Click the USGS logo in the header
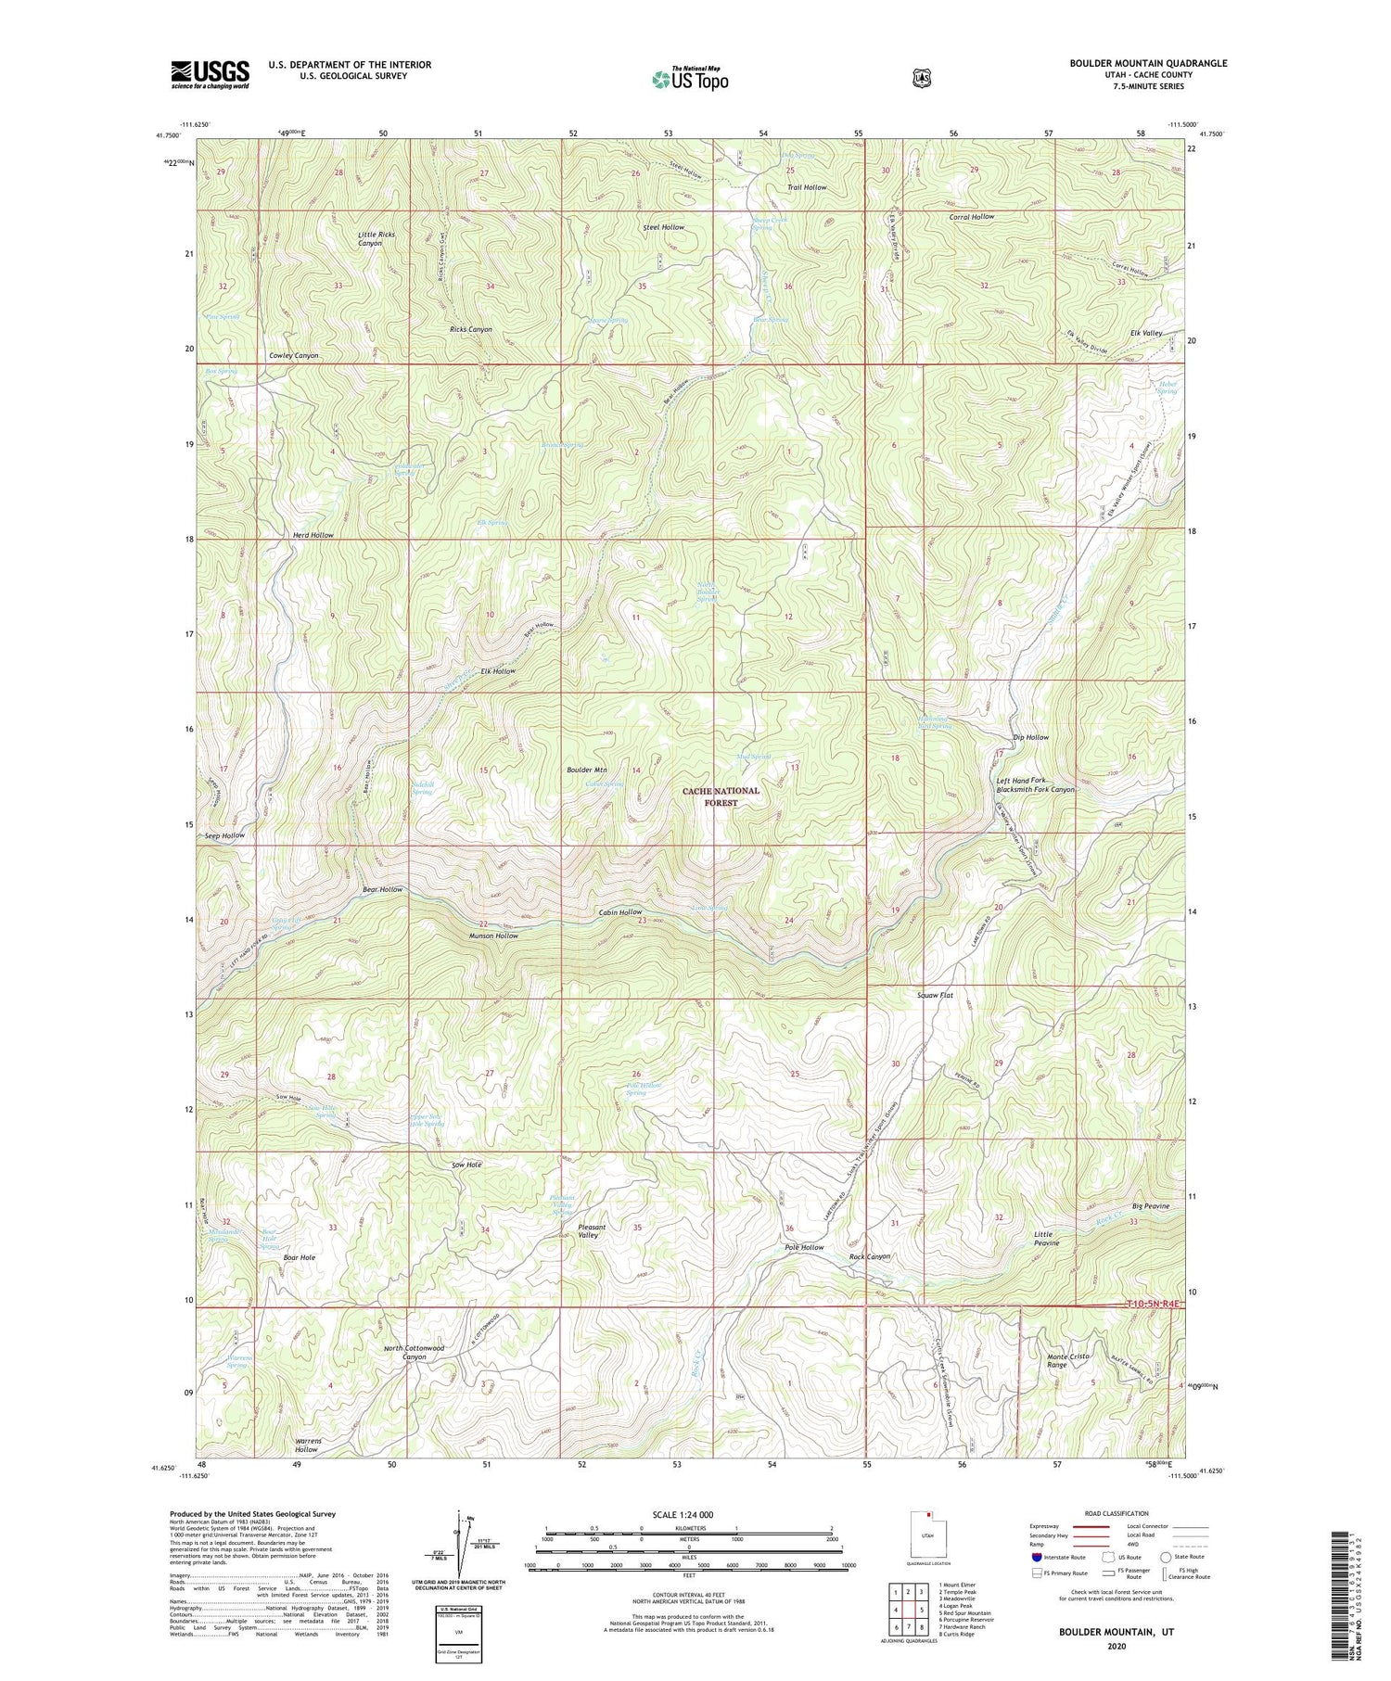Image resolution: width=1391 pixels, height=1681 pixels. click(x=210, y=74)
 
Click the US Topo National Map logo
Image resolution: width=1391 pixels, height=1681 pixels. click(x=690, y=79)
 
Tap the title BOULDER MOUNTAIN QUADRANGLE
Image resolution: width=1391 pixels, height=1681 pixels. click(x=1148, y=63)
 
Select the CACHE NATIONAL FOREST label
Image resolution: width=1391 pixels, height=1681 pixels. click(x=721, y=796)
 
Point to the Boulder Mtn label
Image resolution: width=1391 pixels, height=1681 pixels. click(x=586, y=770)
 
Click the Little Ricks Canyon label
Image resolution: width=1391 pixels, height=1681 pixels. click(x=376, y=239)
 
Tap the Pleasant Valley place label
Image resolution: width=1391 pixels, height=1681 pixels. click(x=586, y=1230)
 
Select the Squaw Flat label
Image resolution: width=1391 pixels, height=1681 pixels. click(x=934, y=995)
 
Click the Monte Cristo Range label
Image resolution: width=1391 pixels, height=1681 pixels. click(x=1069, y=1360)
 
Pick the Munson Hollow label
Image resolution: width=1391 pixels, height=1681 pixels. click(x=493, y=936)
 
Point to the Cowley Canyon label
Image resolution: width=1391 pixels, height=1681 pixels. click(x=294, y=356)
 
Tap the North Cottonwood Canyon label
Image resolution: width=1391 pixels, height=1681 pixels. click(x=414, y=1352)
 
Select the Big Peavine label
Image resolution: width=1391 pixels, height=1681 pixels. click(x=1150, y=1206)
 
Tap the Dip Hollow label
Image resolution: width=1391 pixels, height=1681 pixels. click(x=1030, y=737)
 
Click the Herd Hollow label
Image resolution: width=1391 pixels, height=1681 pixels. click(x=313, y=536)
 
